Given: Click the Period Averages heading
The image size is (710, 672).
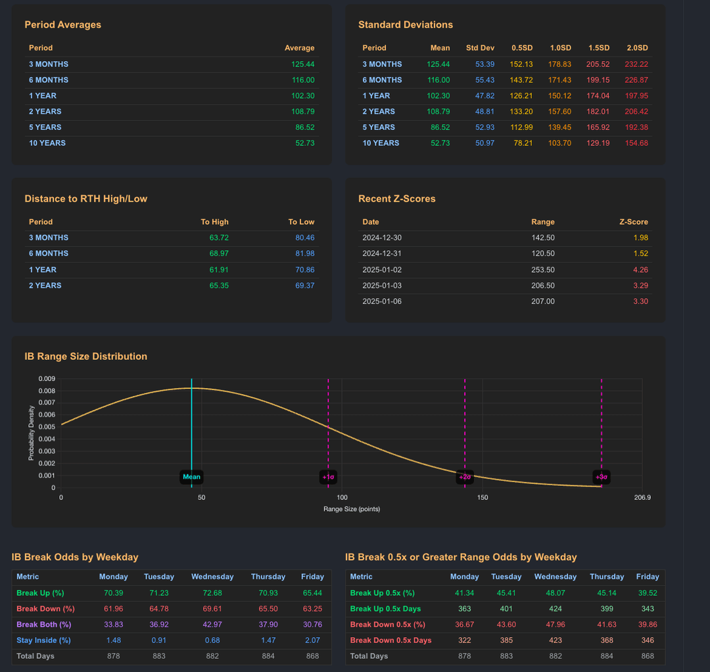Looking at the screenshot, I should click(x=62, y=25).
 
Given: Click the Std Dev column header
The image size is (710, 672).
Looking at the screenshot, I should click(x=480, y=48).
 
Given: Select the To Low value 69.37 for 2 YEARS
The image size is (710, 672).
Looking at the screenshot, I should click(x=304, y=286).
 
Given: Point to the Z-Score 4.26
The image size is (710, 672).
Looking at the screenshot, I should click(x=640, y=269).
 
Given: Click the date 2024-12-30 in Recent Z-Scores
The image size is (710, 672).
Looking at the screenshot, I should click(x=382, y=238).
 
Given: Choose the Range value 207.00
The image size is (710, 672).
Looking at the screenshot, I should click(x=543, y=302).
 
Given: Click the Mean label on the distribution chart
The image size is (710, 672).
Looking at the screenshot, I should click(x=191, y=477).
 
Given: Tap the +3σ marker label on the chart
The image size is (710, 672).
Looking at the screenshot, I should click(x=601, y=477).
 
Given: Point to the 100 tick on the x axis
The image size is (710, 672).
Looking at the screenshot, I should click(x=342, y=497).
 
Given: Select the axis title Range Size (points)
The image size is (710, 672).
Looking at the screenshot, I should click(x=352, y=509).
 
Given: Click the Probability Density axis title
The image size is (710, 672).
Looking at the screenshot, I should click(x=31, y=432).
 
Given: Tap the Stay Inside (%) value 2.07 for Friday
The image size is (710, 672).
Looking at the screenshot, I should click(x=312, y=640).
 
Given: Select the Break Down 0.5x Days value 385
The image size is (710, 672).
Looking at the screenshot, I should click(x=506, y=640).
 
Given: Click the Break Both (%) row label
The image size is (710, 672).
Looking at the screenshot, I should click(x=43, y=625).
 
